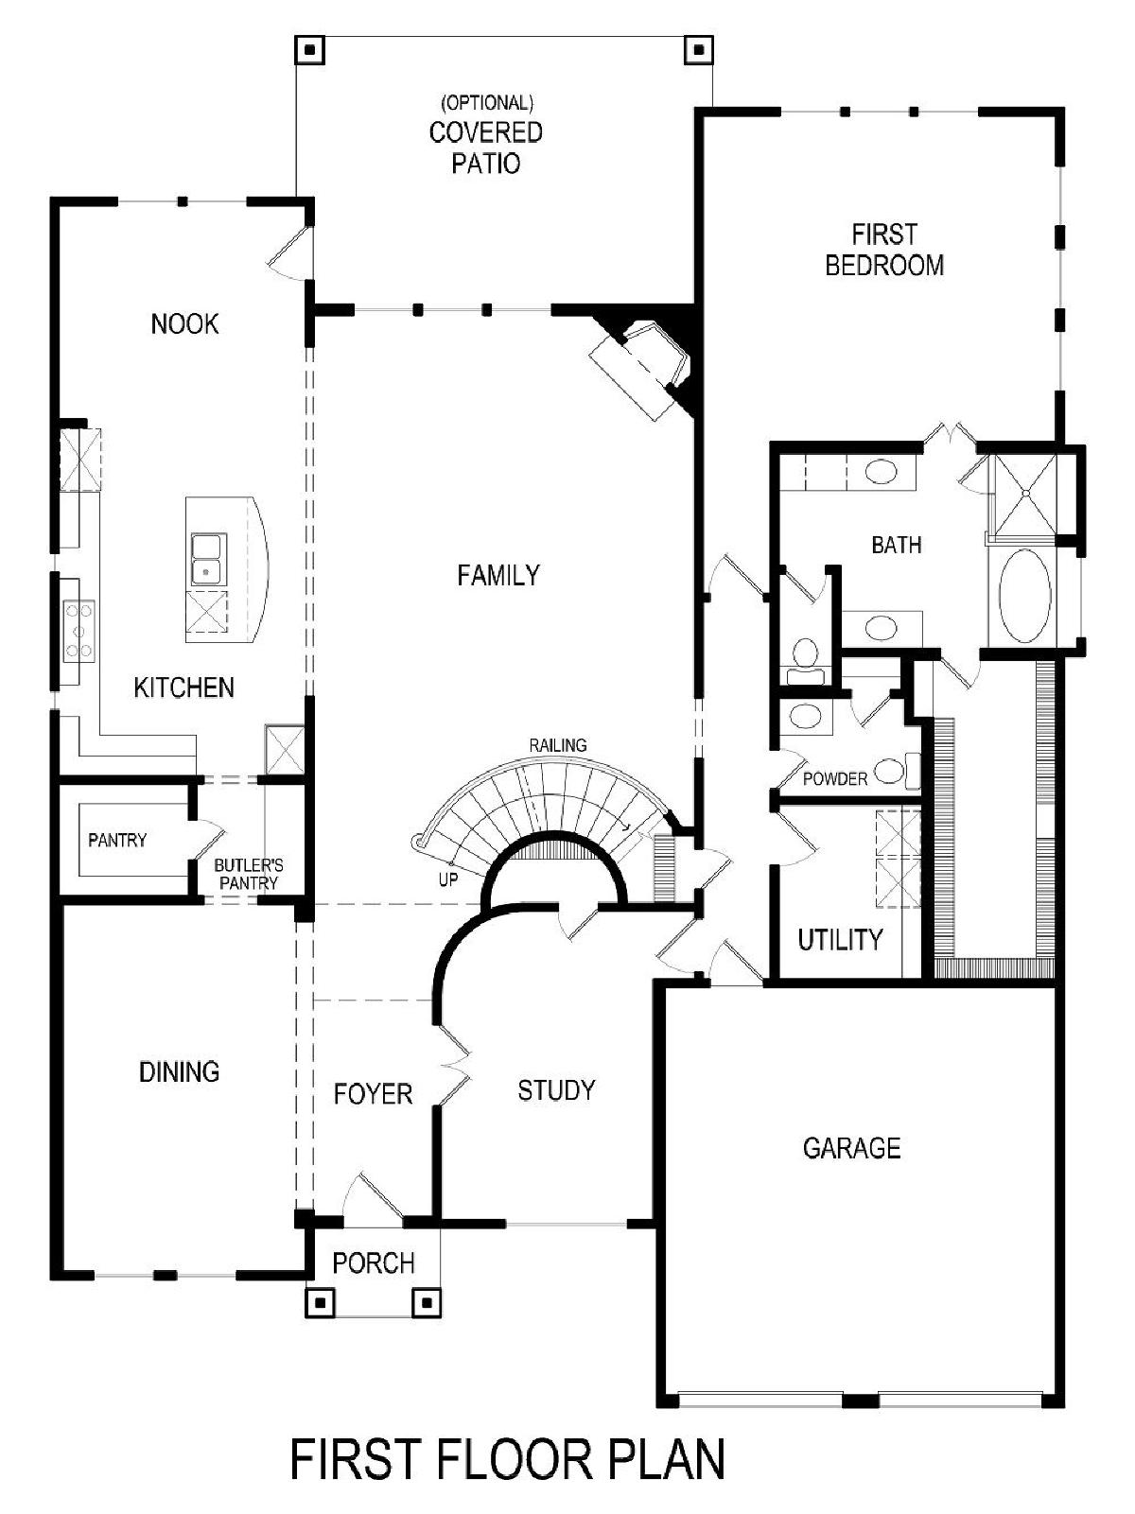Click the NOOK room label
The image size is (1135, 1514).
pyautogui.click(x=184, y=323)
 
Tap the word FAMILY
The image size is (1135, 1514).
pyautogui.click(x=498, y=575)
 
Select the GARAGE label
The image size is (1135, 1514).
pyautogui.click(x=851, y=1148)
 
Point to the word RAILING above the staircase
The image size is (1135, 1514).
pyautogui.click(x=558, y=745)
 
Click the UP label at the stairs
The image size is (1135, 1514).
pyautogui.click(x=448, y=879)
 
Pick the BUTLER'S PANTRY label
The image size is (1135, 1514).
pyautogui.click(x=248, y=874)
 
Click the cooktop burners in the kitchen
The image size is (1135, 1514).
pyautogui.click(x=78, y=631)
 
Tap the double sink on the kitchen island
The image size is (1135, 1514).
pyautogui.click(x=208, y=559)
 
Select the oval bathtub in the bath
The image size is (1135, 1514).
pyautogui.click(x=1024, y=597)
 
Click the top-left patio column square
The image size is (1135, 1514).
pyautogui.click(x=309, y=50)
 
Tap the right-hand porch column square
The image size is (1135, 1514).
pyautogui.click(x=427, y=1303)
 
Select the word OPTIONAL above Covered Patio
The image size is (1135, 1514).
pyautogui.click(x=487, y=103)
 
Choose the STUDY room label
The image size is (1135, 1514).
pyautogui.click(x=556, y=1089)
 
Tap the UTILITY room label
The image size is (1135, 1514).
pyautogui.click(x=840, y=939)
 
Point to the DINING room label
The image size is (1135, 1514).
pyautogui.click(x=180, y=1071)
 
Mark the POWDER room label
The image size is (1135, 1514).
pyautogui.click(x=835, y=778)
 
